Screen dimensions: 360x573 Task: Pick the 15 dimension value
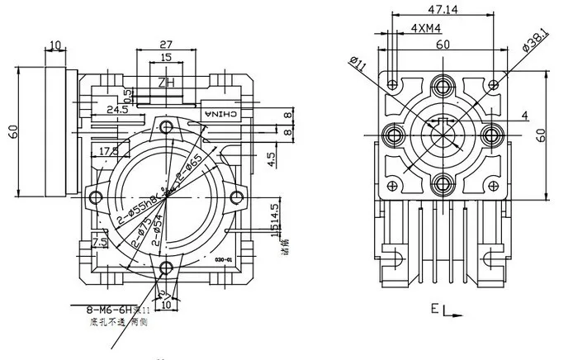pyautogui.click(x=166, y=59)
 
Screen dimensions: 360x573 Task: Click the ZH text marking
pyautogui.click(x=165, y=83)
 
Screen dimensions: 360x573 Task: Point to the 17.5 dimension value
pyautogui.click(x=107, y=151)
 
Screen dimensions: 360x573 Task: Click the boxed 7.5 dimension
pyautogui.click(x=99, y=241)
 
